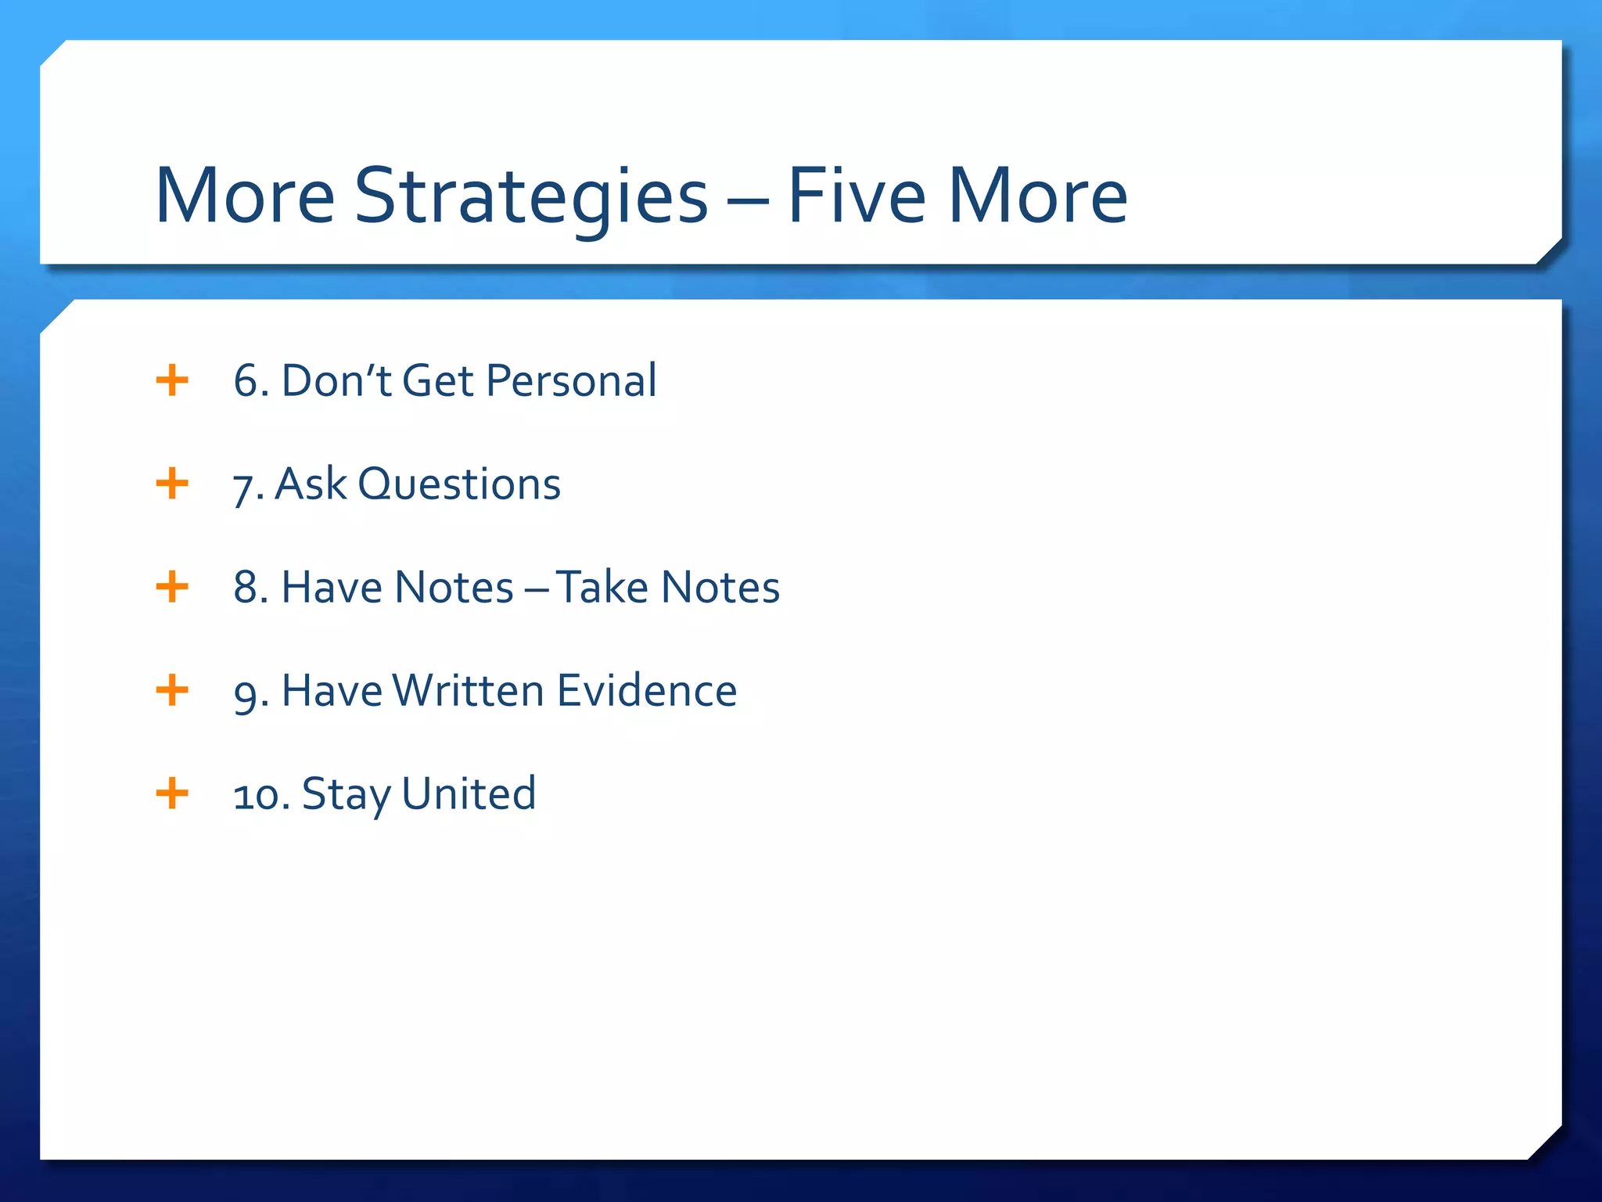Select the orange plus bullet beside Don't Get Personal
click(x=172, y=381)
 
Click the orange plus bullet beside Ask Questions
click(x=172, y=484)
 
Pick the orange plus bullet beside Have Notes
click(x=172, y=587)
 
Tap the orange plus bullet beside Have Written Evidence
click(x=172, y=690)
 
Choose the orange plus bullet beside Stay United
click(x=172, y=794)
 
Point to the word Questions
click(x=459, y=484)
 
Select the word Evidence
click(x=647, y=691)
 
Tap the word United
click(x=469, y=794)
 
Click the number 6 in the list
click(x=246, y=381)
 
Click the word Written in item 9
click(x=468, y=691)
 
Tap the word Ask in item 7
click(x=311, y=484)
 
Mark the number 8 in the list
click(x=246, y=588)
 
